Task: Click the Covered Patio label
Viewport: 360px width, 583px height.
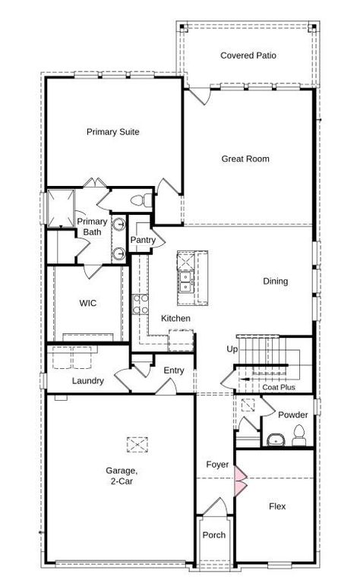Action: click(248, 55)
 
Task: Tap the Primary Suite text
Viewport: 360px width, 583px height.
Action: click(112, 131)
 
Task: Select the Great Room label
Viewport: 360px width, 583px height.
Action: click(245, 159)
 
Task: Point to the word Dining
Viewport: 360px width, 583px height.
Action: click(276, 282)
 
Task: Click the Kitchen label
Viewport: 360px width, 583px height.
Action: click(175, 318)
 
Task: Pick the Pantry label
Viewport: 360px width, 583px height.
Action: click(143, 241)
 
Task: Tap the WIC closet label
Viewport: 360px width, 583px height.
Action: click(88, 303)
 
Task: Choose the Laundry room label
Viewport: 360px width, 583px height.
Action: click(88, 380)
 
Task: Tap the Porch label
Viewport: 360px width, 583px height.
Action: click(214, 535)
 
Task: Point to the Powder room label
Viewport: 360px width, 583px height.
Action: click(292, 415)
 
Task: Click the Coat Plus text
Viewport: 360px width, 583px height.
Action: click(279, 387)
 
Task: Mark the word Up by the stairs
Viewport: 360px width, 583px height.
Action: click(232, 349)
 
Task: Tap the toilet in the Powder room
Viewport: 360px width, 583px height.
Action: click(298, 435)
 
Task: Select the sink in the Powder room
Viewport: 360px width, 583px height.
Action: click(274, 440)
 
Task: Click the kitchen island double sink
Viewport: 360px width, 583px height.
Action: click(185, 282)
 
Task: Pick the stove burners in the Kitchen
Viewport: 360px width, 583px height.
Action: click(140, 305)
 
